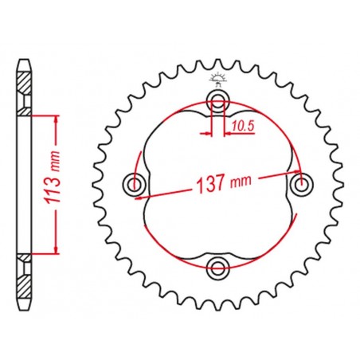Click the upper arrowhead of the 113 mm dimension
point(57,119)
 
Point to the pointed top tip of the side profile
point(25,57)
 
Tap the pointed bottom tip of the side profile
point(25,311)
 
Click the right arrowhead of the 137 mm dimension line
point(298,170)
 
